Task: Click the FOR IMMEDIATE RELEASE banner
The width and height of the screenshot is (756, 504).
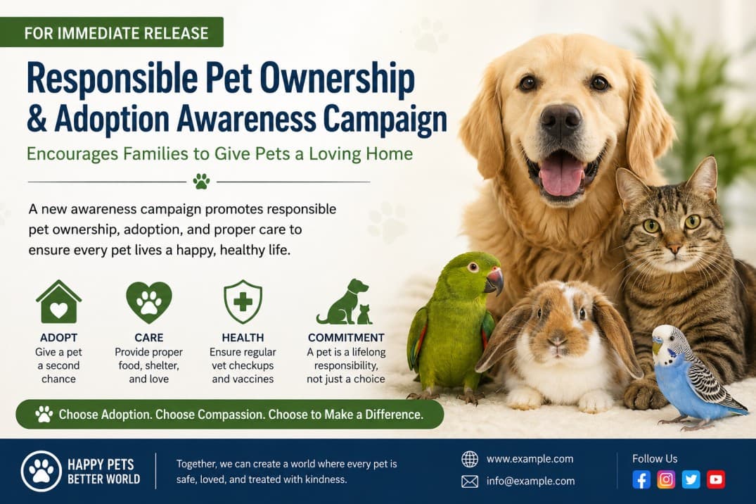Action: [111, 32]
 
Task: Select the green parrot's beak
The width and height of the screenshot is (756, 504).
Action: [494, 280]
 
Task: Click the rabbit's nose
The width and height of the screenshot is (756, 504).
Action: [557, 341]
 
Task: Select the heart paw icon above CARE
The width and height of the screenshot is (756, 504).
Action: [148, 302]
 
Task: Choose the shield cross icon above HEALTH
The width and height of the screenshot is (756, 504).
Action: [243, 302]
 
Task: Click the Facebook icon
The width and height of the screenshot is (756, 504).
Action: [641, 479]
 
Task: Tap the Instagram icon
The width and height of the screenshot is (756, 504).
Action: [666, 479]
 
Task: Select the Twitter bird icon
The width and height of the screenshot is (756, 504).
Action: [691, 479]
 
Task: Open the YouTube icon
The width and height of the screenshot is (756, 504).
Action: [715, 479]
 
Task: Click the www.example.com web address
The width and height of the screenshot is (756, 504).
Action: [530, 459]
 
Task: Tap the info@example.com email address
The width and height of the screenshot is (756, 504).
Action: [530, 481]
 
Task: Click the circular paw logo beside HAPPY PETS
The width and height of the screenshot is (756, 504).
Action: [41, 471]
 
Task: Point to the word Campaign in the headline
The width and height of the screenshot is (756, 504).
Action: [384, 119]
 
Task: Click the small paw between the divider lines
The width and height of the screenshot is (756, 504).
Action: [201, 182]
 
